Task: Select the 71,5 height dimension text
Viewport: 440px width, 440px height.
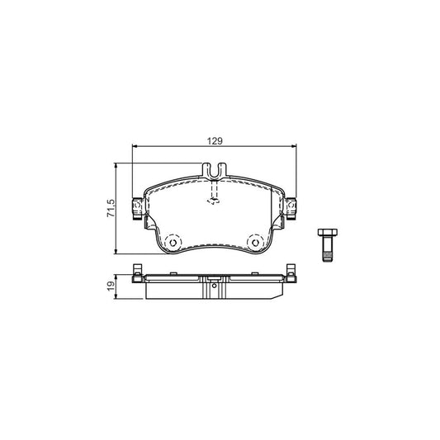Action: [109, 207]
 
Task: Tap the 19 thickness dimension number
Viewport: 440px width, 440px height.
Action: [109, 286]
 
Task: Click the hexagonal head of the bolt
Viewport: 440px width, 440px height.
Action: [325, 234]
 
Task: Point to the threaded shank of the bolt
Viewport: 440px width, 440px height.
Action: [325, 253]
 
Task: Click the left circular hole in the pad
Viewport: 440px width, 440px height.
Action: [173, 242]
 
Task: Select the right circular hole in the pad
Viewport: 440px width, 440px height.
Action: [257, 242]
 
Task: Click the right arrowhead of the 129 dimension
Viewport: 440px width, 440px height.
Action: [294, 147]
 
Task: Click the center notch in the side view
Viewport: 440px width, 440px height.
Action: [215, 287]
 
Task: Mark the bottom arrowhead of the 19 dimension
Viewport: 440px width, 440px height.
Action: [117, 296]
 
